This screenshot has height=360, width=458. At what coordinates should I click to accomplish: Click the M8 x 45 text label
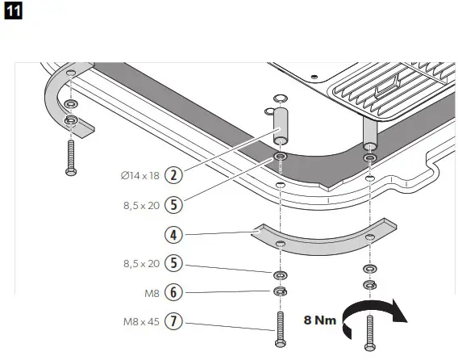click(x=139, y=321)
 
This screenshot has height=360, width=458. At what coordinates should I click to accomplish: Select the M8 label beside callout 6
click(x=149, y=291)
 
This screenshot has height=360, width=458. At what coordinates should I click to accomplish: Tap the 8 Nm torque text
click(x=319, y=320)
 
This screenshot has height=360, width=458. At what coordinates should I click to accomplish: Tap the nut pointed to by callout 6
click(x=279, y=291)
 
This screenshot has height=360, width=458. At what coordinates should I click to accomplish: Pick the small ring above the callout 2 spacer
click(x=278, y=98)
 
